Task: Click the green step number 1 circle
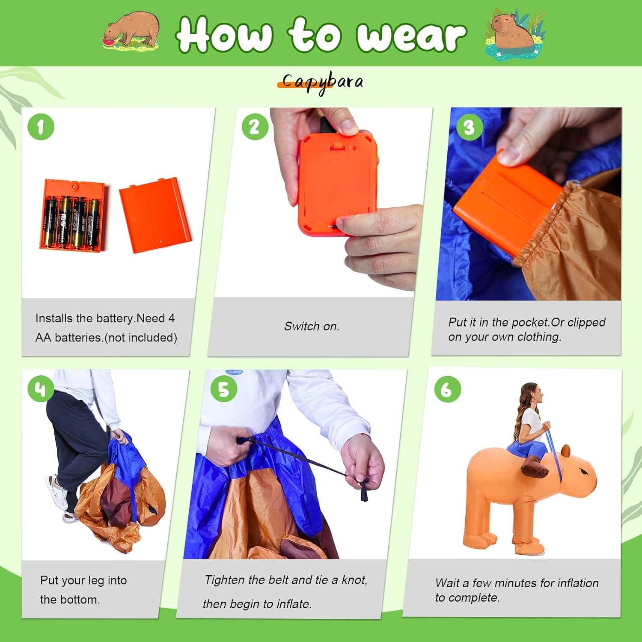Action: [x=41, y=127]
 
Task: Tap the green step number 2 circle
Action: [x=255, y=127]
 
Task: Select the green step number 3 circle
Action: [x=470, y=127]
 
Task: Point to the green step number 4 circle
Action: [x=41, y=389]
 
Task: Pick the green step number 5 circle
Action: [x=224, y=389]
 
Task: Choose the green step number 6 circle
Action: [x=447, y=389]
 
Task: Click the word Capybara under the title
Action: [x=322, y=82]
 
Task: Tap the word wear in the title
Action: [x=411, y=36]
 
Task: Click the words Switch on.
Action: [x=312, y=327]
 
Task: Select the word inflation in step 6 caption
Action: [x=578, y=583]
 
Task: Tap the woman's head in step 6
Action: [x=532, y=395]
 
